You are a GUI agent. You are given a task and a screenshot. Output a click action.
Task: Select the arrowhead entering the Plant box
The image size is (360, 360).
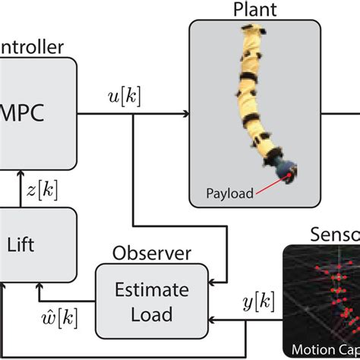tap(185, 115)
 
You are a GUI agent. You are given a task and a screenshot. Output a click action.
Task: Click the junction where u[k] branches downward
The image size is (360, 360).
tap(134, 115)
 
